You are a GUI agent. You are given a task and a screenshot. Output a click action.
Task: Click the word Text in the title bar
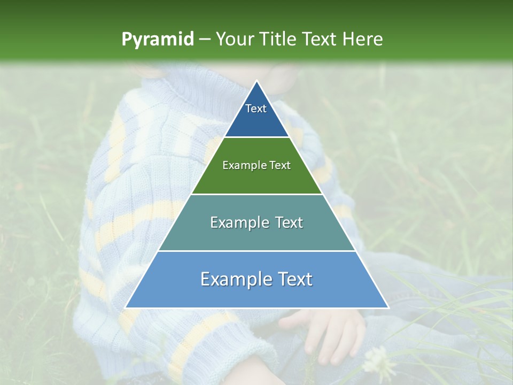(321, 40)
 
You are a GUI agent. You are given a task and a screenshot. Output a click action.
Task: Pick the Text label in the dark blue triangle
(256, 109)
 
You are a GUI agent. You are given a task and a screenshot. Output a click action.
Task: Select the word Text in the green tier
(280, 166)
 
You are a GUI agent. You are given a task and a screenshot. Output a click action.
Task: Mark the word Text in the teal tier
(289, 223)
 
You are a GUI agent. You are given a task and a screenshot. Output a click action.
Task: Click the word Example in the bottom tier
(234, 280)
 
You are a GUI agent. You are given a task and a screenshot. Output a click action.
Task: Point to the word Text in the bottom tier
(295, 280)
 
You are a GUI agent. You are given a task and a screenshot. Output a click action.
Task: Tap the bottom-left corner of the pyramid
(126, 307)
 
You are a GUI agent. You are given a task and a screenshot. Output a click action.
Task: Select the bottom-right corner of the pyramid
(388, 307)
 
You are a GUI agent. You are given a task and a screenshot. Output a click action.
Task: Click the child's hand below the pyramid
(326, 332)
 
